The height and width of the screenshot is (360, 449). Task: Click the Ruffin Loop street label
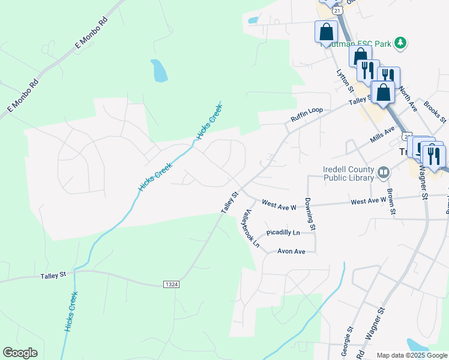(x=307, y=115)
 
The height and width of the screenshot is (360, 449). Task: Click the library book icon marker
(x=384, y=173)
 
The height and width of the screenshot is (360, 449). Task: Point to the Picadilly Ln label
(x=283, y=232)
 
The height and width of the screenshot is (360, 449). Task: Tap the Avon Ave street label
(x=291, y=251)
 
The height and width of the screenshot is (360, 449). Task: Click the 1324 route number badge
(x=171, y=283)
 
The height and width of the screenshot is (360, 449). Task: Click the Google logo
(x=20, y=353)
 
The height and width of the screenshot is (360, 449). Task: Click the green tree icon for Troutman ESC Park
(x=400, y=43)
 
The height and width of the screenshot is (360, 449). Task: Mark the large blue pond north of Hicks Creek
(x=159, y=71)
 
